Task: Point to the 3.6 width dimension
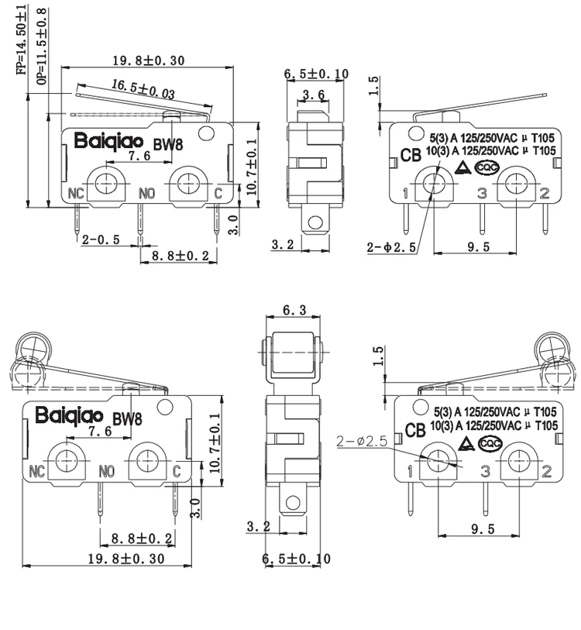[x=313, y=95]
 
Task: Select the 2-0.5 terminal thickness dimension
[x=101, y=239]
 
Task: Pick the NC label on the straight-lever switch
[x=76, y=192]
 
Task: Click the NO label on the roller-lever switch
[x=107, y=470]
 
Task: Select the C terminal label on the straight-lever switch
[x=218, y=192]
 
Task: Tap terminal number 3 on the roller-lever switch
[x=485, y=470]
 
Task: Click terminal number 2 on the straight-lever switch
[x=544, y=192]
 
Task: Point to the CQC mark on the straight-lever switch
[x=486, y=167]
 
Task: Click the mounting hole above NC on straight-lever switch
[x=105, y=182]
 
